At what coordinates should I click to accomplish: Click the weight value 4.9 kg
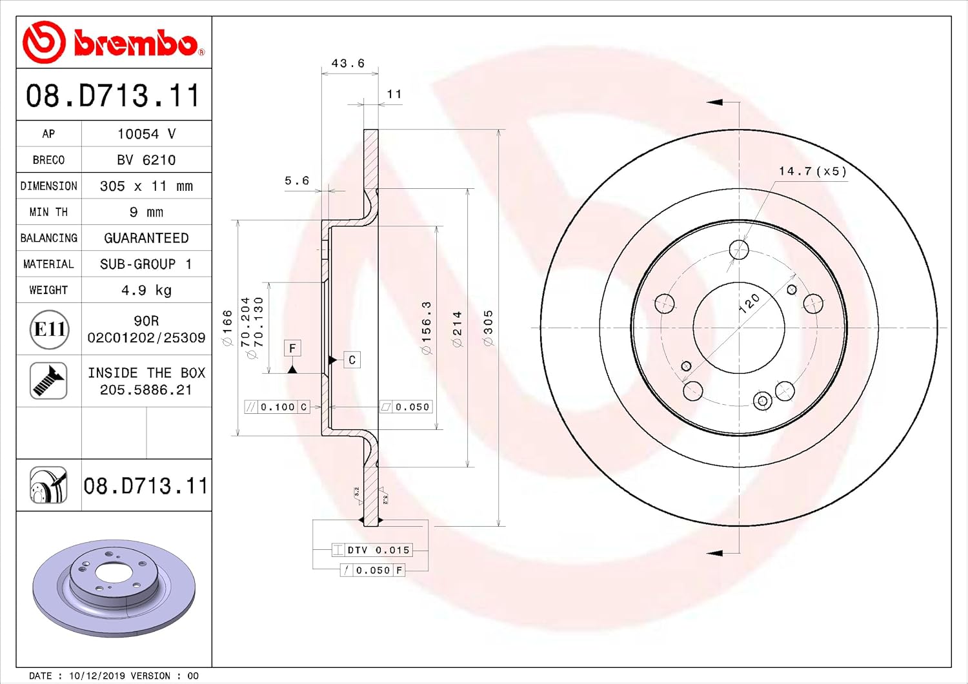point(146,290)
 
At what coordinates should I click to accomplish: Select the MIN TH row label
point(48,212)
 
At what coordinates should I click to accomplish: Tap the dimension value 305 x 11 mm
point(146,186)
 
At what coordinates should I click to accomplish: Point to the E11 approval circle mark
point(50,329)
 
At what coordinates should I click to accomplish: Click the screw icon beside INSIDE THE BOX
point(48,380)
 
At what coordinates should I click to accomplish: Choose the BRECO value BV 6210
point(146,160)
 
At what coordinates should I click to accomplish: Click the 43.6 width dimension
point(348,63)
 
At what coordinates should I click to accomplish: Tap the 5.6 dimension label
point(297,181)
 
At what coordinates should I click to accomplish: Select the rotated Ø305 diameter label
point(489,327)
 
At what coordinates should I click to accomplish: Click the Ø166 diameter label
point(227,327)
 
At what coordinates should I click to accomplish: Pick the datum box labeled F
point(292,349)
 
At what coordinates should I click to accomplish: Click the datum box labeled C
point(352,360)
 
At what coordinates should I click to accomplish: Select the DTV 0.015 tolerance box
point(371,550)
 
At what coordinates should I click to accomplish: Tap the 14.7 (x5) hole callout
point(812,171)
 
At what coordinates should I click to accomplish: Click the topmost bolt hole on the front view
point(738,249)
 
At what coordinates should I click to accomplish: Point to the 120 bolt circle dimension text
point(749,302)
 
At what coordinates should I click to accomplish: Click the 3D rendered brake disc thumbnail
point(114,587)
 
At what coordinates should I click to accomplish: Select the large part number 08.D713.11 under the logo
point(114,95)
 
